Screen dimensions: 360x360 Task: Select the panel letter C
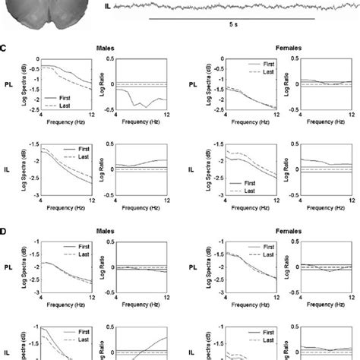pos(4,46)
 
